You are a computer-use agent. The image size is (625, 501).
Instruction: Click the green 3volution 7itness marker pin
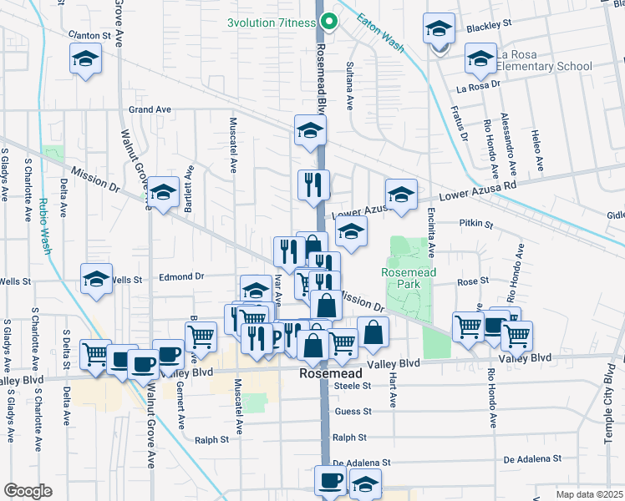pyautogui.click(x=329, y=23)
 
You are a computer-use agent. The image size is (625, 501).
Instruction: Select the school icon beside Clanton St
pyautogui.click(x=85, y=60)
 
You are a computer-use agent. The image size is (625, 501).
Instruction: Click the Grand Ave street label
pyautogui.click(x=150, y=109)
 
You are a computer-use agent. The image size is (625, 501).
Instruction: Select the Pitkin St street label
pyautogui.click(x=476, y=225)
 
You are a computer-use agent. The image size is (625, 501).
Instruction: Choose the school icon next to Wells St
pyautogui.click(x=97, y=280)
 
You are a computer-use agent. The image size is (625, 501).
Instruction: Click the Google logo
pyautogui.click(x=28, y=491)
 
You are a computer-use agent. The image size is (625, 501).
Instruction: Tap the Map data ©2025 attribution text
pyautogui.click(x=589, y=494)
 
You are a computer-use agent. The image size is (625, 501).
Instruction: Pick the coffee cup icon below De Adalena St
pyautogui.click(x=329, y=482)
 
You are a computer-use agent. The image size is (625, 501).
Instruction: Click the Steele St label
pyautogui.click(x=352, y=386)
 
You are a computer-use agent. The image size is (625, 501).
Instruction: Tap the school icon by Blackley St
pyautogui.click(x=439, y=29)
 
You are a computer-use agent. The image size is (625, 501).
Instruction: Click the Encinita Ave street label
pyautogui.click(x=431, y=233)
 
